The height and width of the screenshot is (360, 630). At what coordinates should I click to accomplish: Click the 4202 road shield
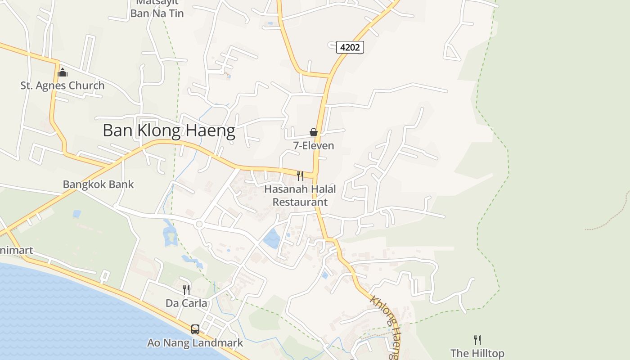pyautogui.click(x=350, y=47)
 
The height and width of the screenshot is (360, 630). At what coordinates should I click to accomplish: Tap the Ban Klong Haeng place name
pyautogui.click(x=169, y=131)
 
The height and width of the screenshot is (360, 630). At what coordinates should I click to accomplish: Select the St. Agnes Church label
pyautogui.click(x=62, y=85)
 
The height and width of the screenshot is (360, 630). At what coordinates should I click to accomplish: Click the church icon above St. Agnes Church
pyautogui.click(x=63, y=72)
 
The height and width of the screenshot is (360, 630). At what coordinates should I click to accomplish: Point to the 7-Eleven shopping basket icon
pyautogui.click(x=314, y=132)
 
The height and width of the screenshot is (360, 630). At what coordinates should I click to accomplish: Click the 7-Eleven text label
pyautogui.click(x=314, y=145)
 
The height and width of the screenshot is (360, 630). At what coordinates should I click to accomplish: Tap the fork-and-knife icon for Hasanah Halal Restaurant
pyautogui.click(x=300, y=175)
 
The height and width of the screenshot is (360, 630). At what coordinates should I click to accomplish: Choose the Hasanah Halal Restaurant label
pyautogui.click(x=300, y=195)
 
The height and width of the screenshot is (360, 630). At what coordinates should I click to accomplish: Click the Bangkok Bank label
pyautogui.click(x=98, y=184)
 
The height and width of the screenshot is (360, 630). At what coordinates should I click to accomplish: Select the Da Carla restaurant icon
pyautogui.click(x=186, y=289)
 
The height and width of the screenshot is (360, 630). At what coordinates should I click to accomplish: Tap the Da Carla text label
pyautogui.click(x=186, y=303)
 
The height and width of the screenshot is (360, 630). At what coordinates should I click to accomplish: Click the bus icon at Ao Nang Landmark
pyautogui.click(x=195, y=329)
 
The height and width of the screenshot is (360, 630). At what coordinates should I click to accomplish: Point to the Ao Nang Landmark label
pyautogui.click(x=195, y=343)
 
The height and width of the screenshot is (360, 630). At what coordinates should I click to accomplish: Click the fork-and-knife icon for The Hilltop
pyautogui.click(x=477, y=340)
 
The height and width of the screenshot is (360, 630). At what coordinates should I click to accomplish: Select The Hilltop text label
pyautogui.click(x=477, y=353)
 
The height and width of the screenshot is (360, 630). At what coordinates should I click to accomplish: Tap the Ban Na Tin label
pyautogui.click(x=157, y=13)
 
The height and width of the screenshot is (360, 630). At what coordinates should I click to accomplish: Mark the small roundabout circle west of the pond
pyautogui.click(x=199, y=224)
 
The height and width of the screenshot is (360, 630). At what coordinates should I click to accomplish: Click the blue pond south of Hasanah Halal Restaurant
pyautogui.click(x=272, y=238)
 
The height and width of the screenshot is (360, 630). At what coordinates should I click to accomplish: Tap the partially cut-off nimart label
pyautogui.click(x=16, y=250)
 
